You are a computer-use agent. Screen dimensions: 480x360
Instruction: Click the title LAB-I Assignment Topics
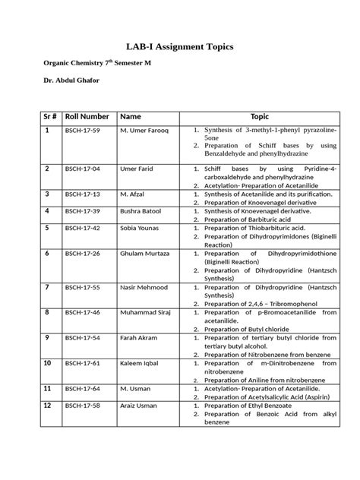tap(179, 47)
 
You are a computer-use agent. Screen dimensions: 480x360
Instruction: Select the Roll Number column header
tap(87, 116)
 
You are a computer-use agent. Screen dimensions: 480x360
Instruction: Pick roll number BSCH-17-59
tap(83, 131)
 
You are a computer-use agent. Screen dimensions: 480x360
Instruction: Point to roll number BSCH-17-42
tap(83, 227)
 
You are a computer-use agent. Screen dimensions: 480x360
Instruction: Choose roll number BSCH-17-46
tap(83, 312)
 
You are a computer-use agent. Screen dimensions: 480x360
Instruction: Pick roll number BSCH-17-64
tap(83, 388)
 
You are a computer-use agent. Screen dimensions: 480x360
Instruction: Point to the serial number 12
tap(48, 406)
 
